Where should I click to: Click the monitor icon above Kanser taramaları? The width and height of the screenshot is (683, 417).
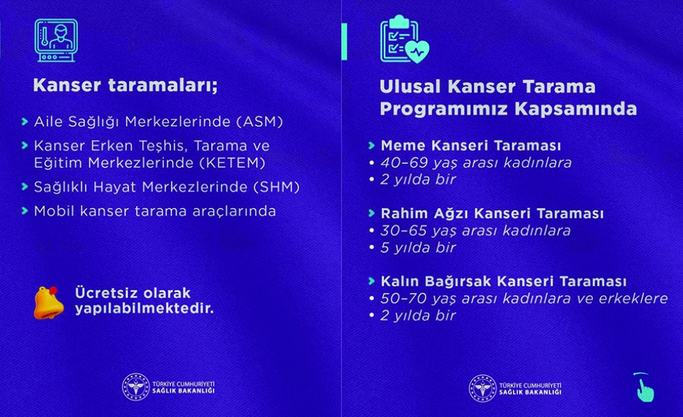pyautogui.click(x=56, y=40)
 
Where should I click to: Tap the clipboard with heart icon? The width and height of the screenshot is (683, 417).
pyautogui.click(x=404, y=42)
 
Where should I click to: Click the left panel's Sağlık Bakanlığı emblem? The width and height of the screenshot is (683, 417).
pyautogui.click(x=135, y=387)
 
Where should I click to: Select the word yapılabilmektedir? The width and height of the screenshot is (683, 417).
pyautogui.click(x=144, y=308)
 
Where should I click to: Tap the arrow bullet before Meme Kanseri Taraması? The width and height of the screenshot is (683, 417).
pyautogui.click(x=371, y=146)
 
